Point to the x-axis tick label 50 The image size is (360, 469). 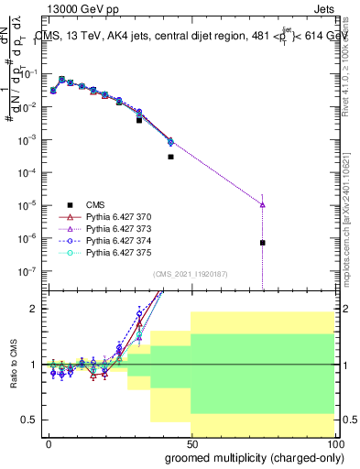click(x=191, y=442)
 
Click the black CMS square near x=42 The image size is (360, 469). click(x=170, y=157)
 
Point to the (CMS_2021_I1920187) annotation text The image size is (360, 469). click(x=190, y=273)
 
